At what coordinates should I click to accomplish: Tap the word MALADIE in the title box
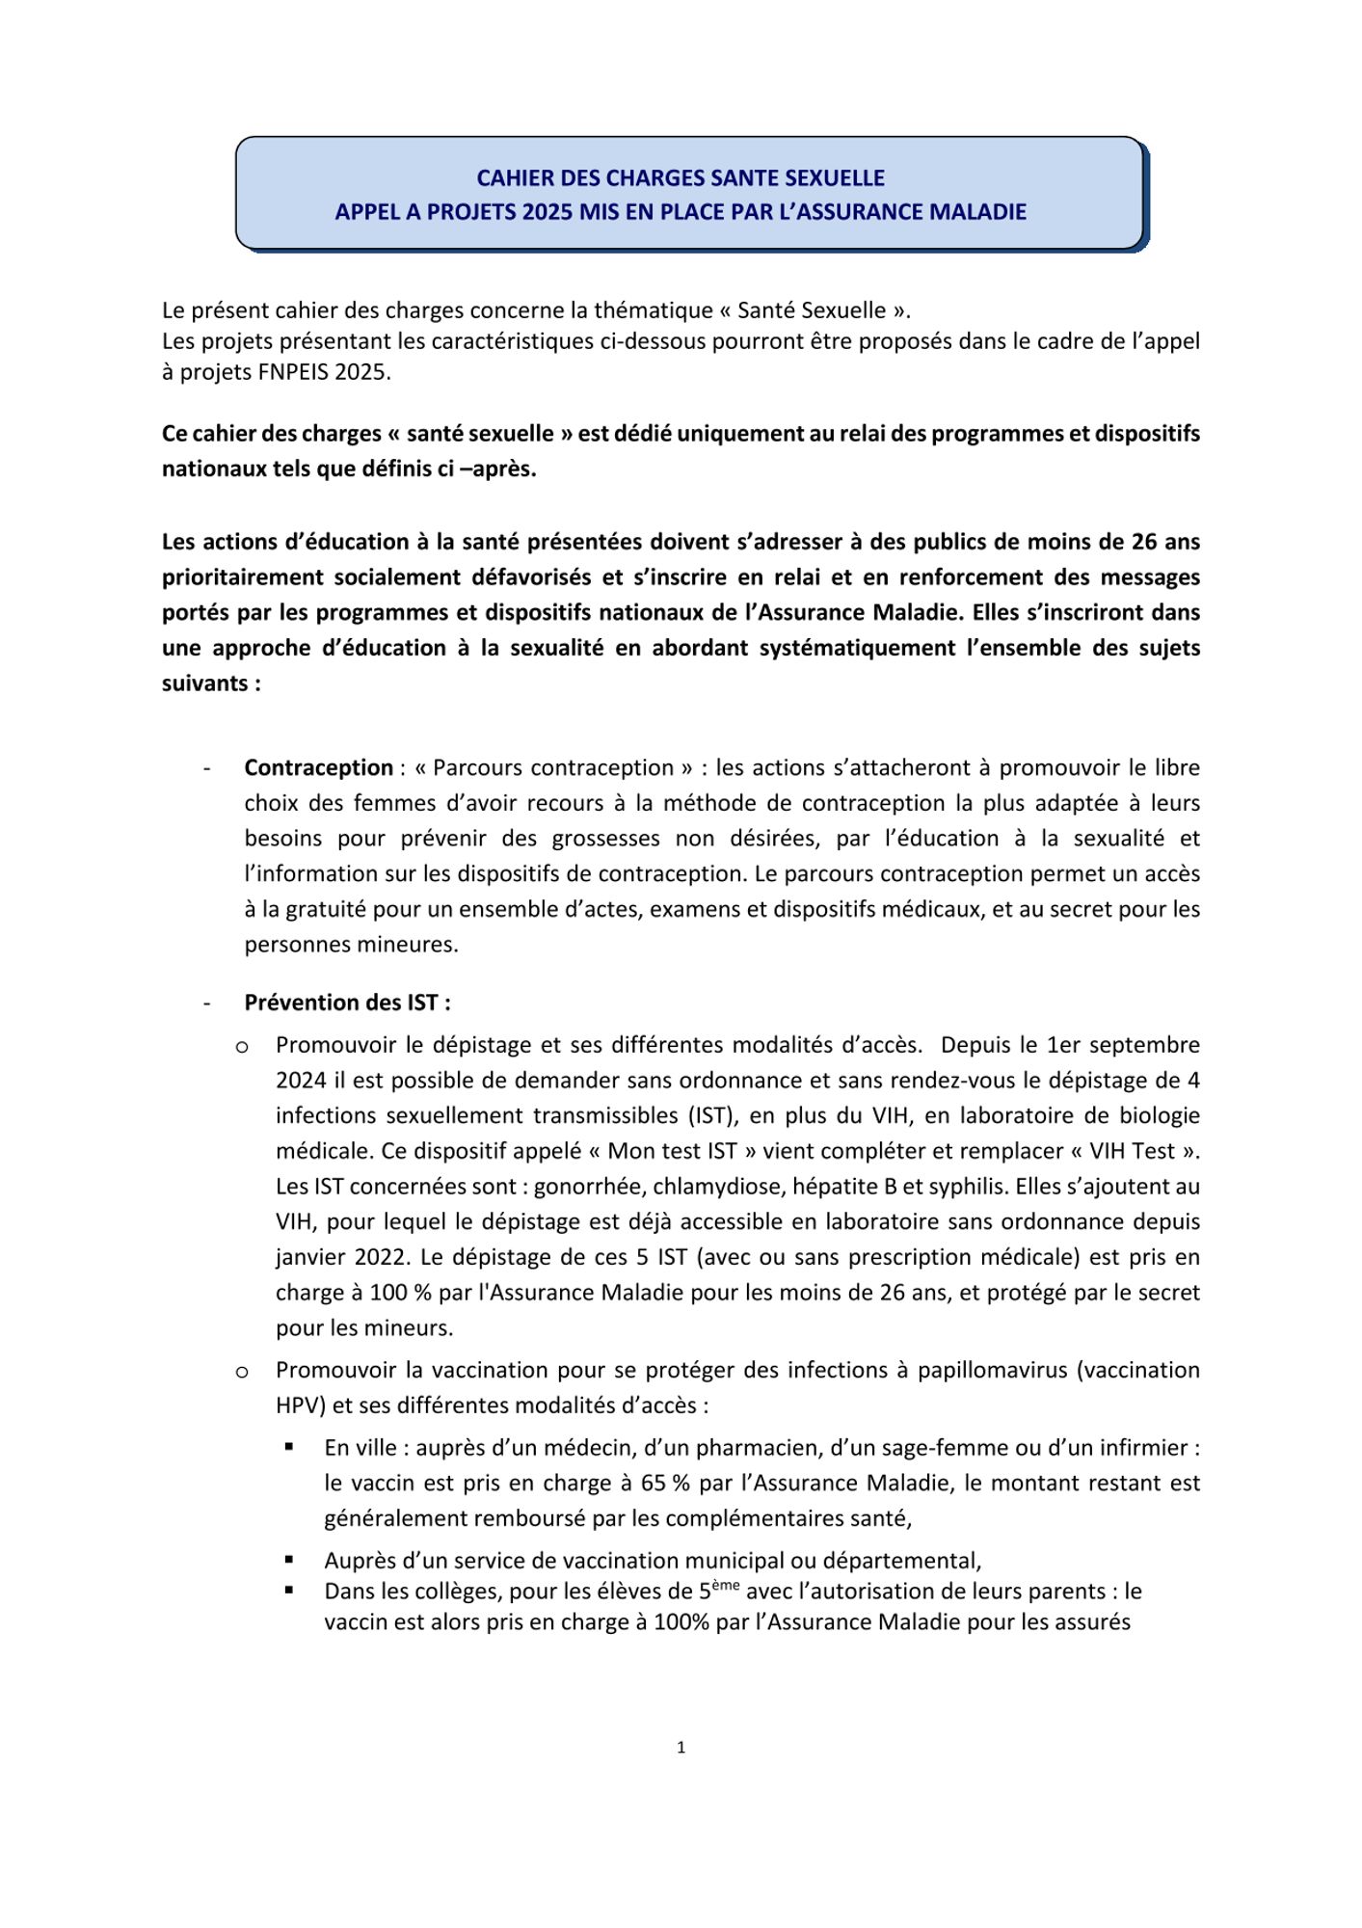pos(977,212)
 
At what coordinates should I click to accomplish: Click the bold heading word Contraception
pos(318,768)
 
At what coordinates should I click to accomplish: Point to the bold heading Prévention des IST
pos(347,1003)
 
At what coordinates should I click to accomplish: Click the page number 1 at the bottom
pos(681,1748)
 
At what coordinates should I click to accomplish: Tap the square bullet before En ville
pos(289,1447)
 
